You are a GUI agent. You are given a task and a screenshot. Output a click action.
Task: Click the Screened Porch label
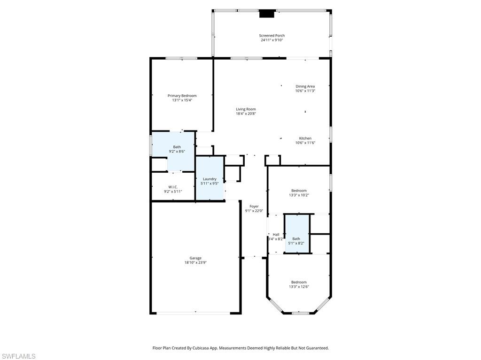pyautogui.click(x=272, y=36)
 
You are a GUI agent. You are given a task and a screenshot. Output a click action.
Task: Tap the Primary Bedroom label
pyautogui.click(x=182, y=96)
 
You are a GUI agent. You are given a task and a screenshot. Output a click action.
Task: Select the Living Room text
pyautogui.click(x=246, y=109)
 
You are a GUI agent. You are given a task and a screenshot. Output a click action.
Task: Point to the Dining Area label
pyautogui.click(x=305, y=86)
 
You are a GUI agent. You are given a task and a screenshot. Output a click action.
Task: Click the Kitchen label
pyautogui.click(x=305, y=138)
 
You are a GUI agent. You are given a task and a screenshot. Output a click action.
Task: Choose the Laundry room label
pyautogui.click(x=209, y=179)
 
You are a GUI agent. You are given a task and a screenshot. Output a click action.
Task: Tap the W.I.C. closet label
pyautogui.click(x=172, y=187)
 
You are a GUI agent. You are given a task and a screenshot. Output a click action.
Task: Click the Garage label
pyautogui.click(x=195, y=258)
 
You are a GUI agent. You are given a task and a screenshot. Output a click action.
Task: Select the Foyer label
pyautogui.click(x=254, y=207)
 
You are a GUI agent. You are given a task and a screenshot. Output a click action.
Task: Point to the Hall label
pyautogui.click(x=276, y=235)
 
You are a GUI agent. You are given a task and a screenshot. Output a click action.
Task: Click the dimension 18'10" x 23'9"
pyautogui.click(x=195, y=263)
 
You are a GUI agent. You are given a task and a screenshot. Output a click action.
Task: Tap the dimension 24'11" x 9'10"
pyautogui.click(x=272, y=40)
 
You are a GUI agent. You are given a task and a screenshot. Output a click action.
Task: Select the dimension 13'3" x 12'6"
pyautogui.click(x=298, y=287)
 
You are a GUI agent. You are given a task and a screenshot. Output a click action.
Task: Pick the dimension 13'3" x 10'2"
pyautogui.click(x=299, y=195)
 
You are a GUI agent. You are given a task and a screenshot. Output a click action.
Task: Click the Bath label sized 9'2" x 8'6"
pyautogui.click(x=177, y=147)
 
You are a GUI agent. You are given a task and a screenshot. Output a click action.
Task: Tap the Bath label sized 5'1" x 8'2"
pyautogui.click(x=296, y=239)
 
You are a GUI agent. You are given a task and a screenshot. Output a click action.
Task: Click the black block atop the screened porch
pyautogui.click(x=267, y=14)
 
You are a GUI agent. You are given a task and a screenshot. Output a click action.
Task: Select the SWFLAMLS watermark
pyautogui.click(x=18, y=356)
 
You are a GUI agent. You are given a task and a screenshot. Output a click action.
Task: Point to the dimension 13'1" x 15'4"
pyautogui.click(x=182, y=100)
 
